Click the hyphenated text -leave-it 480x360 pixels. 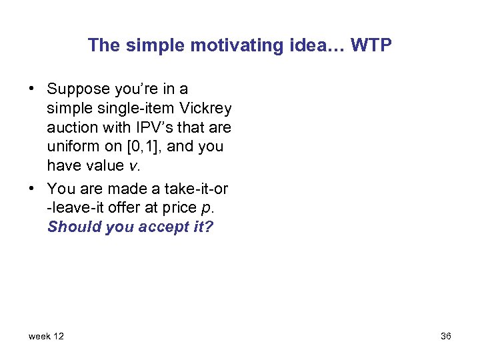(x=77, y=207)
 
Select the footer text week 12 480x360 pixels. (x=46, y=336)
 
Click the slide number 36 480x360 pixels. (x=445, y=336)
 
